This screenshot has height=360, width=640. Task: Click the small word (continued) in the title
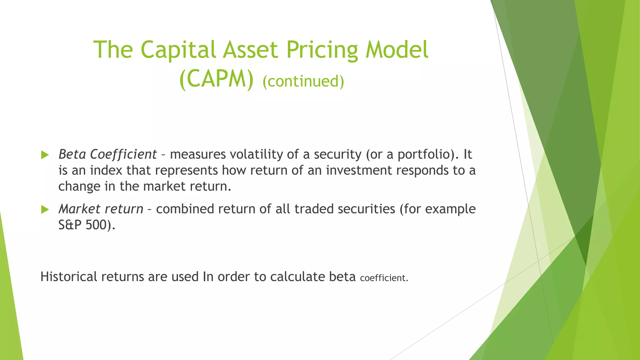(x=303, y=81)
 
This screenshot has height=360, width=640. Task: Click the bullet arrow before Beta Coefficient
(x=45, y=155)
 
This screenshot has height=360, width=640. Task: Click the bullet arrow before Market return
(x=45, y=209)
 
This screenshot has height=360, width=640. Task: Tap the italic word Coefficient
(x=123, y=154)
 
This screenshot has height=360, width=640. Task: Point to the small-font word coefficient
(x=382, y=278)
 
